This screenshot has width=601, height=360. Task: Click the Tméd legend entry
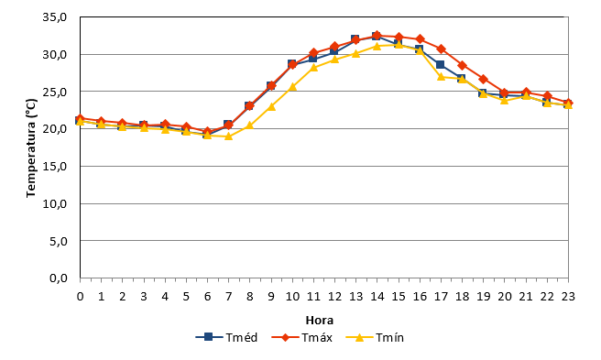click(x=226, y=337)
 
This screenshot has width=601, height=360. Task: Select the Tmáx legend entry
click(x=301, y=337)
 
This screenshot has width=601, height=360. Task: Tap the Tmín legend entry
click(x=375, y=337)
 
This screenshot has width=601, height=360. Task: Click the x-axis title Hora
click(x=319, y=320)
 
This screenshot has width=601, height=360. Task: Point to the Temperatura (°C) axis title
click(x=31, y=148)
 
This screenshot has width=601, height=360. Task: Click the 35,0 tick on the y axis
click(x=55, y=17)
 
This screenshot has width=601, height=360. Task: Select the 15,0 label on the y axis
click(x=55, y=167)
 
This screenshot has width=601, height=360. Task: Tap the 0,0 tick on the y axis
click(x=59, y=278)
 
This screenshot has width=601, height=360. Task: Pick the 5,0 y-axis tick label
click(x=59, y=241)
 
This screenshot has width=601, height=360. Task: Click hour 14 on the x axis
click(x=377, y=297)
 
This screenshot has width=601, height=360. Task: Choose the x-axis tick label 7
click(x=228, y=297)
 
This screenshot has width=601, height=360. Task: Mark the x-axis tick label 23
click(x=568, y=297)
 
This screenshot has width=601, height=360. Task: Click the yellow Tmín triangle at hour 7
click(x=228, y=136)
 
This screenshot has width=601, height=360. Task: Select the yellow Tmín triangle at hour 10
click(x=292, y=87)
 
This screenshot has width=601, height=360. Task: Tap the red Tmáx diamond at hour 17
click(x=441, y=49)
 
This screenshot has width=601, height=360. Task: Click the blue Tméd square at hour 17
click(x=440, y=64)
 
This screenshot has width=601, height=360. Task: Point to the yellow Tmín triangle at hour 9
click(x=271, y=106)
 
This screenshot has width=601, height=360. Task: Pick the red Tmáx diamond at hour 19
click(x=484, y=79)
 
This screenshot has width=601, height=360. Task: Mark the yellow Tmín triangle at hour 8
click(x=250, y=125)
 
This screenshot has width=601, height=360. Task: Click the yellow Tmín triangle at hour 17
click(x=441, y=77)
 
